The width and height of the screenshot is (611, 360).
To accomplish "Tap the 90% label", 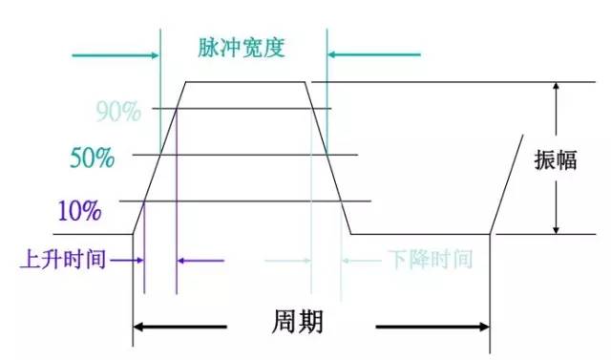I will [x=117, y=112].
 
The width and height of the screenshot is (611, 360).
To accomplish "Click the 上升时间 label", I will [x=64, y=259].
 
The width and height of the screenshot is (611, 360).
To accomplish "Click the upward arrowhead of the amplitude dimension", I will [x=555, y=89].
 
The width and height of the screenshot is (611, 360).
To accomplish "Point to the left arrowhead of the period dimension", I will [x=138, y=328].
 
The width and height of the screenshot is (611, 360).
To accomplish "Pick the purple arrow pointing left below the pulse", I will [x=200, y=259].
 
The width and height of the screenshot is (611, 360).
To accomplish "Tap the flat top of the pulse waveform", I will [x=243, y=82].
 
